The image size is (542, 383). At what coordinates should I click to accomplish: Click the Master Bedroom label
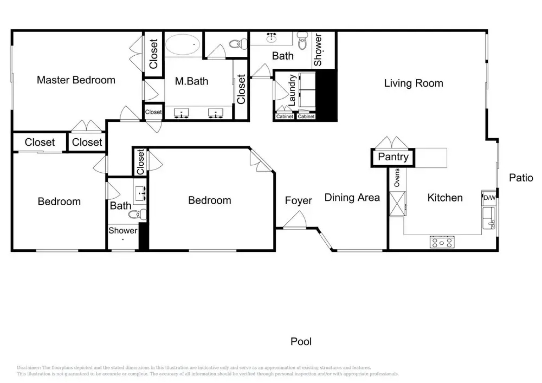[x=76, y=80]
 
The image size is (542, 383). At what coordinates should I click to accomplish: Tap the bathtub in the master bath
[x=183, y=44]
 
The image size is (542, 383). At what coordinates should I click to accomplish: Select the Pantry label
[x=393, y=157]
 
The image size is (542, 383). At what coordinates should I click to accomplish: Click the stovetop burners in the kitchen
[x=442, y=242]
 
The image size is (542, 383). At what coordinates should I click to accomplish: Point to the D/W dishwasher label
[x=489, y=198]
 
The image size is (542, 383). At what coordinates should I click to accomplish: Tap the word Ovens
[x=397, y=178]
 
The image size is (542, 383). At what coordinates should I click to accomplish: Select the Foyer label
[x=298, y=201]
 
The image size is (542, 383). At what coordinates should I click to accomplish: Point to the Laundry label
[x=292, y=90]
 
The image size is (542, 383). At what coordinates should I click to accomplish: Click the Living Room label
[x=414, y=83]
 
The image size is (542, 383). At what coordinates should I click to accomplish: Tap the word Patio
[x=521, y=178]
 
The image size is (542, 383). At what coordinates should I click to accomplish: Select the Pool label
[x=301, y=342]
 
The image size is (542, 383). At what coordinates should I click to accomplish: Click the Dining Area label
[x=352, y=198]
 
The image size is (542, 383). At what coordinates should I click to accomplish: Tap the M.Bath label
[x=192, y=81]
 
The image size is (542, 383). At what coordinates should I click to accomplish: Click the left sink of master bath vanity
[x=181, y=113]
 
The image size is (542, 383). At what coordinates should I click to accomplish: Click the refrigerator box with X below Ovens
[x=397, y=204]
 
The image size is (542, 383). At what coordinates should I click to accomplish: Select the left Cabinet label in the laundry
[x=284, y=116]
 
